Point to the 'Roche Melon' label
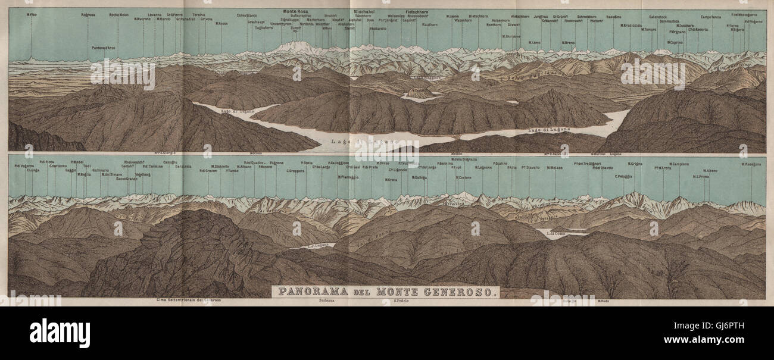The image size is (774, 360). pyautogui.click(x=118, y=14)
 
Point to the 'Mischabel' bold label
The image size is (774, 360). pyautogui.click(x=363, y=11)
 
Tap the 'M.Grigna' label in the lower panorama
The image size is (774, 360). pyautogui.click(x=635, y=163)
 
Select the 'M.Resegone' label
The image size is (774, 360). pyautogui.click(x=751, y=164)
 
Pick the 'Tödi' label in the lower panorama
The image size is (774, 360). pyautogui.click(x=87, y=166)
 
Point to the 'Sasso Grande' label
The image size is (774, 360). pyautogui.click(x=127, y=179)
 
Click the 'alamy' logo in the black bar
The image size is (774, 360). pyautogui.click(x=60, y=333)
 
